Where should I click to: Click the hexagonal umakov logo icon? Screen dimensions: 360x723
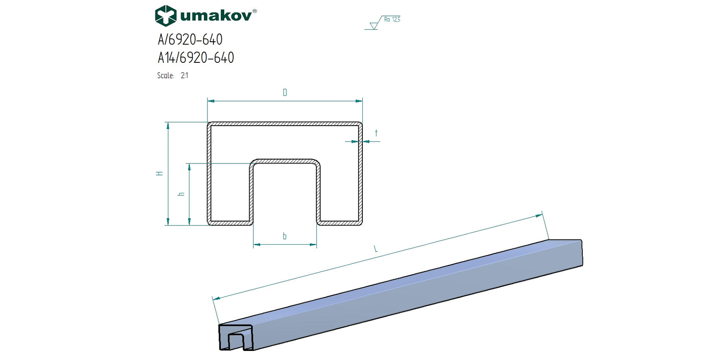click(x=165, y=16)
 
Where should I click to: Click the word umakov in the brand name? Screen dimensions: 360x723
click(x=216, y=16)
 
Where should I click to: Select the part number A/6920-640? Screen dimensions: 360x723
click(x=190, y=40)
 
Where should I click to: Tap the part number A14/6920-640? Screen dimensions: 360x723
click(x=196, y=58)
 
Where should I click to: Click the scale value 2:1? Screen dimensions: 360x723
click(x=184, y=76)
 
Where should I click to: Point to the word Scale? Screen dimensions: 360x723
click(x=165, y=76)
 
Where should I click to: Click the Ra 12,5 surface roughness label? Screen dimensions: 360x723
click(x=392, y=19)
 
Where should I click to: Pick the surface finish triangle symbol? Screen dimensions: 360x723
click(x=374, y=26)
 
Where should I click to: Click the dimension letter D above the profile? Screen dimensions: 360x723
click(x=284, y=92)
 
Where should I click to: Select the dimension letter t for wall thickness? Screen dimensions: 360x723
click(x=376, y=133)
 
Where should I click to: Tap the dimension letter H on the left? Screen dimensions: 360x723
click(x=160, y=173)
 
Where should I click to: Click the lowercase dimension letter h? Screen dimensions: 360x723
click(x=181, y=194)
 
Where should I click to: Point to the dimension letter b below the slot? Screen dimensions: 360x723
click(x=284, y=236)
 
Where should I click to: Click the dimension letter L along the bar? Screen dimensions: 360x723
click(x=375, y=249)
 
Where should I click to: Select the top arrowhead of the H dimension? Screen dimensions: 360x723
click(x=168, y=125)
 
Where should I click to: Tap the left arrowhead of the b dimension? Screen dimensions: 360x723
click(x=256, y=245)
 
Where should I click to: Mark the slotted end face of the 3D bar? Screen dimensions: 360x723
click(x=236, y=338)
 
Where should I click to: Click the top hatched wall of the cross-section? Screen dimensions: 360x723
click(x=284, y=124)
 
